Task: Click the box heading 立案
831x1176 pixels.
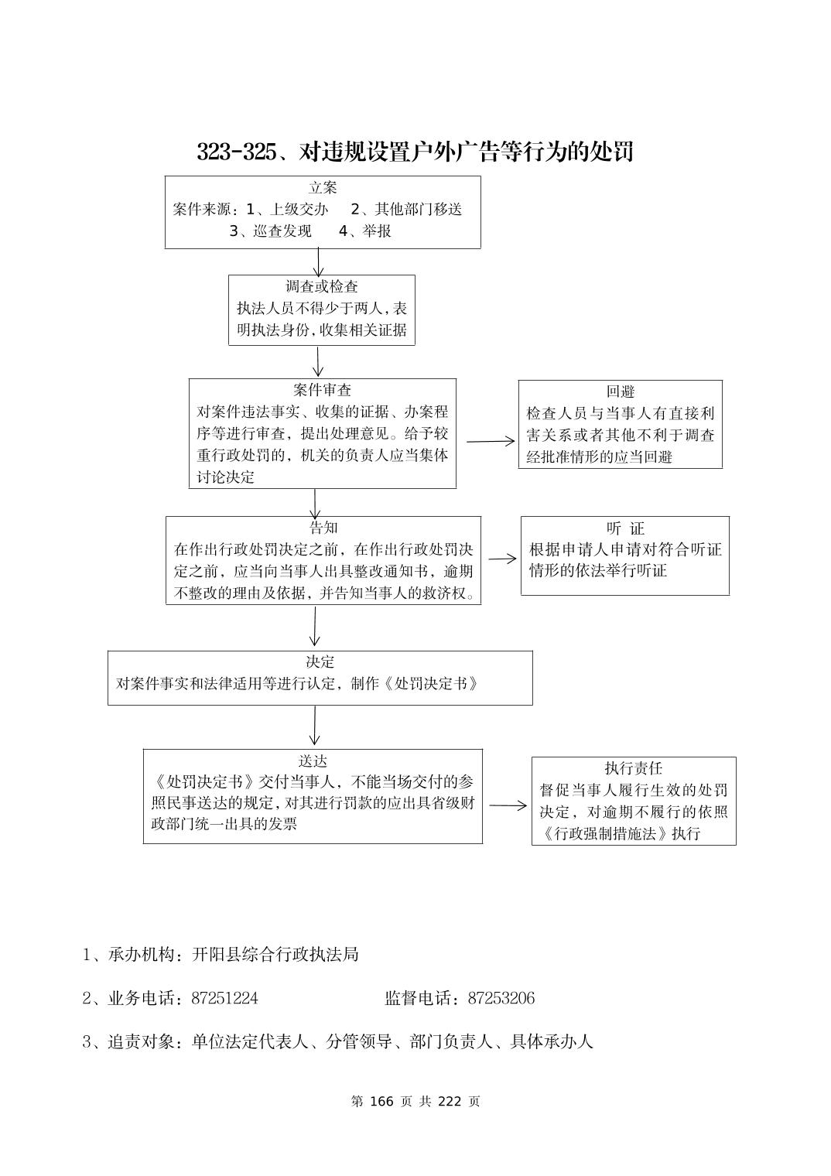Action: point(323,188)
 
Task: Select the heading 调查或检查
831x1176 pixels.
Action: point(322,286)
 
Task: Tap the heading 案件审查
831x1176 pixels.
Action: point(322,390)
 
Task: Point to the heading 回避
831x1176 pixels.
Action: point(620,391)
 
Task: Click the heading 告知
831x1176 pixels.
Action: point(323,528)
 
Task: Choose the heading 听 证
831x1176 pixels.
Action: point(625,528)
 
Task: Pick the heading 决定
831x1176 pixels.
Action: point(320,662)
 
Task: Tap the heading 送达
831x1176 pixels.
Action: point(313,761)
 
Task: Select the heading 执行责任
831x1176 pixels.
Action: point(633,768)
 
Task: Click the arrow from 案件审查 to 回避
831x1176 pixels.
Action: point(491,441)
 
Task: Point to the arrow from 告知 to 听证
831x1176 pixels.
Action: point(502,559)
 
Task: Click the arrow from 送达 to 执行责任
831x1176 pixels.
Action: point(508,805)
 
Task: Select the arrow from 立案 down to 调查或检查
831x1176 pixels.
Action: point(318,262)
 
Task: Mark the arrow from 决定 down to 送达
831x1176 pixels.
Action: point(314,726)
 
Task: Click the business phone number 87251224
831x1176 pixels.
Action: point(224,998)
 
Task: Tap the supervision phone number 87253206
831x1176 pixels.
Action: point(501,998)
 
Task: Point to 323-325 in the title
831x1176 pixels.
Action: point(236,152)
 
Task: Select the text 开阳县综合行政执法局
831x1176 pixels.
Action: point(275,954)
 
